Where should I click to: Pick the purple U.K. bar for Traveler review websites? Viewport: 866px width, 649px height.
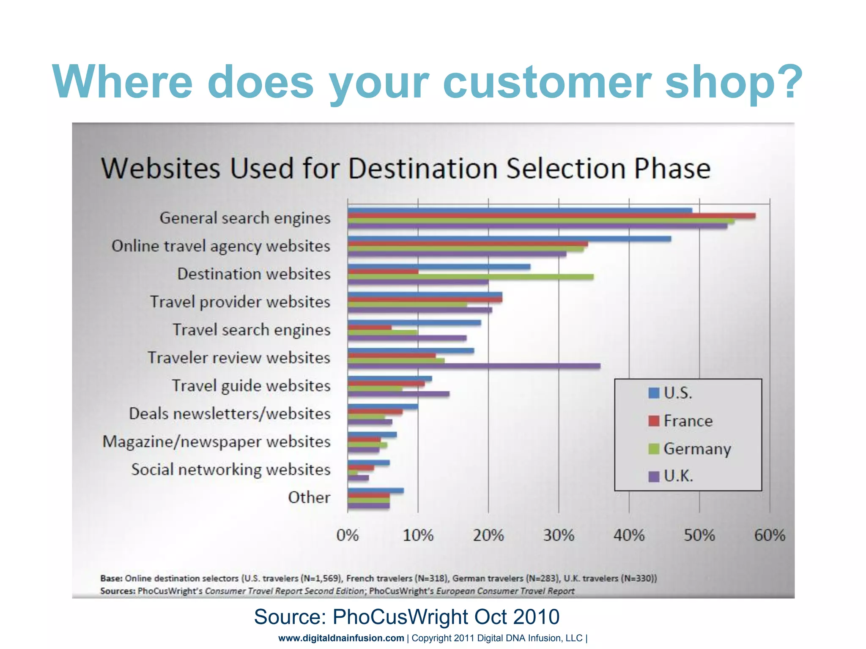(x=474, y=366)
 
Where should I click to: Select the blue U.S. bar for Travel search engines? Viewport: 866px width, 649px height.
(x=414, y=323)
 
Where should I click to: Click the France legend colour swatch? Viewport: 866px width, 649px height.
(x=654, y=421)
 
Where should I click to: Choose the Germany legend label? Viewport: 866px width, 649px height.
(x=697, y=449)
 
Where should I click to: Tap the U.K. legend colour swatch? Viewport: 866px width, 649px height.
(x=654, y=477)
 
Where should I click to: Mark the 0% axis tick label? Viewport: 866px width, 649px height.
(x=348, y=535)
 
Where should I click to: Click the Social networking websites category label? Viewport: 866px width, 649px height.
(x=230, y=469)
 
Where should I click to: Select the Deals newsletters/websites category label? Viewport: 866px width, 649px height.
(x=230, y=414)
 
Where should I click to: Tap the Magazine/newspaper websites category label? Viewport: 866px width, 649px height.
(x=216, y=442)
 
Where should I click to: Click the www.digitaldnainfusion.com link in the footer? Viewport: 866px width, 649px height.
(x=341, y=638)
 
